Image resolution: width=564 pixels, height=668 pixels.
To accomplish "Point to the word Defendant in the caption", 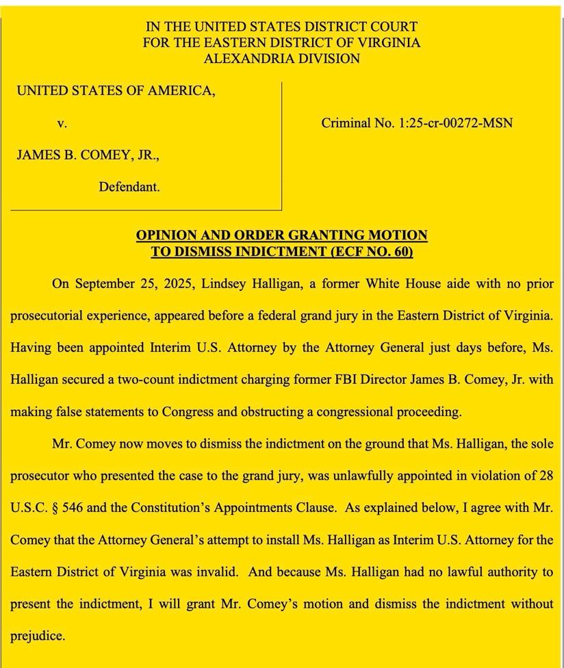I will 129,186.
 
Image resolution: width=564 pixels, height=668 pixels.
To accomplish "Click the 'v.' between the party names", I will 62,124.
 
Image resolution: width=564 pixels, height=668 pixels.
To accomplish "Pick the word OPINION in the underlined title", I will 166,235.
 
